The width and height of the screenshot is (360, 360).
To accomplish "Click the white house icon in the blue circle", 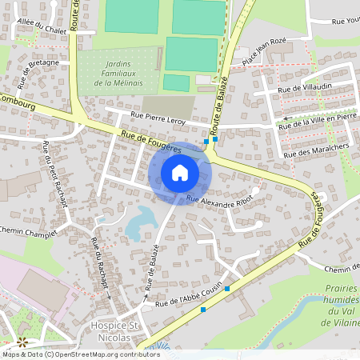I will point(179,172).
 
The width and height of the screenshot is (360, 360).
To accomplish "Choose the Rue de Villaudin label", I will point(304,91).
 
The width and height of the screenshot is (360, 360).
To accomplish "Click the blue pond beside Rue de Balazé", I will point(140,222).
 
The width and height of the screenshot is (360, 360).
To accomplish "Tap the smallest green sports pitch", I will point(176,82).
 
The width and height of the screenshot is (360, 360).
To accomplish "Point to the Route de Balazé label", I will point(219,102).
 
